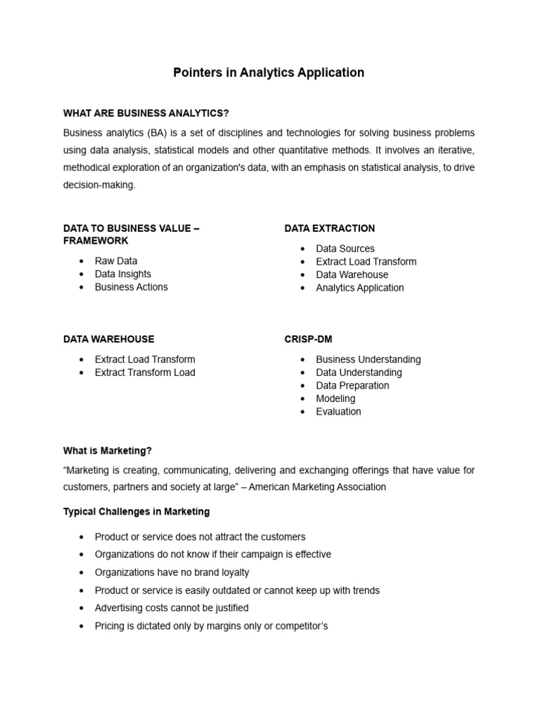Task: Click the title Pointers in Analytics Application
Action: coord(268,73)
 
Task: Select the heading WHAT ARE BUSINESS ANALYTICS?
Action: coord(146,113)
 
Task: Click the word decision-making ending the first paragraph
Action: coord(99,185)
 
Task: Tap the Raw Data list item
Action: coord(116,261)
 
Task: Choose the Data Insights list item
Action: coord(123,274)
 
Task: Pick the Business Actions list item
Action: coord(131,287)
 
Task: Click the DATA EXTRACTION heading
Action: coord(329,228)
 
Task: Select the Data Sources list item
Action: coord(345,249)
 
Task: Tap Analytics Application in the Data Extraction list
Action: coord(359,288)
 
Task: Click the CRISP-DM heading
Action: coord(308,339)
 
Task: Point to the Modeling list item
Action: coord(336,398)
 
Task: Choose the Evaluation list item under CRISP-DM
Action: coord(338,412)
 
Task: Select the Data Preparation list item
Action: coord(352,386)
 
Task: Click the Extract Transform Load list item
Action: coord(145,373)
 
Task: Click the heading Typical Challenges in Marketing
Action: coord(136,512)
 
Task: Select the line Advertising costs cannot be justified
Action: coord(172,608)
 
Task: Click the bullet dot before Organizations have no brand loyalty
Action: coord(82,573)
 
